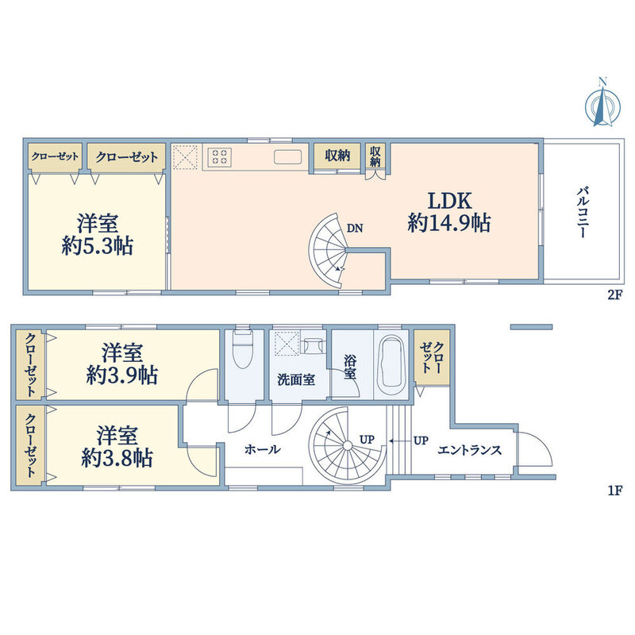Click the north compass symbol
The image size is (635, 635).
[602, 103]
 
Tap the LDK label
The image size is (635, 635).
[450, 201]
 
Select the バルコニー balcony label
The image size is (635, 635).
[583, 212]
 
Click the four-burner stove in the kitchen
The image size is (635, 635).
[220, 157]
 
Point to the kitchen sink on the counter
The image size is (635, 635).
[287, 157]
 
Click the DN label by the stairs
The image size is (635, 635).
[355, 229]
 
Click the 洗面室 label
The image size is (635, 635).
[296, 380]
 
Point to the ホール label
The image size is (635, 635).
[263, 449]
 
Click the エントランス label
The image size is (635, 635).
[469, 450]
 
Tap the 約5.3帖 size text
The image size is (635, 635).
[98, 246]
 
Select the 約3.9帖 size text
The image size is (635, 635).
[122, 375]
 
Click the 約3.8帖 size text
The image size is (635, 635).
[117, 459]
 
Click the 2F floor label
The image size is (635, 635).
[614, 294]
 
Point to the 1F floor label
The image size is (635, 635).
[614, 491]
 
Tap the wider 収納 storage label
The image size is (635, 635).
[337, 155]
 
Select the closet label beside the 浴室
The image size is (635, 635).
[432, 358]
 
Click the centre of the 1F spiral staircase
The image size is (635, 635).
[347, 445]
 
